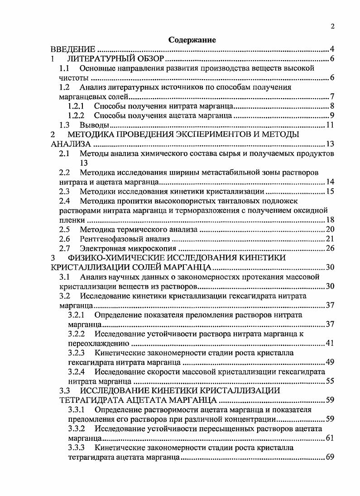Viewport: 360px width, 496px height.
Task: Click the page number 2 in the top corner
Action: [x=332, y=26]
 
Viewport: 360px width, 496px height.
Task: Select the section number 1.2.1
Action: [x=77, y=106]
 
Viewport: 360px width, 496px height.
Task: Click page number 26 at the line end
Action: [x=330, y=248]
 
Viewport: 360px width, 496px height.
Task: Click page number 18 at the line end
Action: [x=330, y=220]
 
